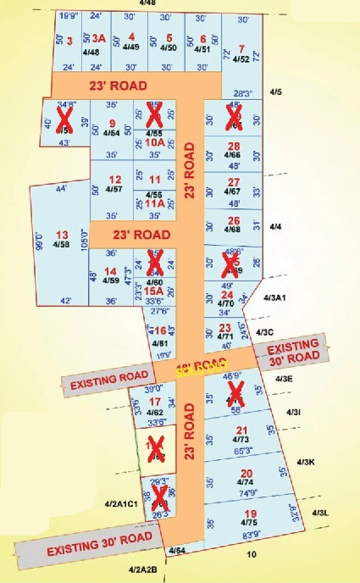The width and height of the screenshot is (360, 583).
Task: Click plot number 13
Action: [61, 235]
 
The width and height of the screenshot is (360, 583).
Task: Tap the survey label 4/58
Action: [60, 245]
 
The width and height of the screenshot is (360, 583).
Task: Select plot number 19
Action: [250, 514]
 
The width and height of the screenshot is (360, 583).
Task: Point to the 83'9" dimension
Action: [250, 535]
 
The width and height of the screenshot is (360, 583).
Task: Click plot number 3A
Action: [99, 38]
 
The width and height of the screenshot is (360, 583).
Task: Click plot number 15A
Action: [153, 289]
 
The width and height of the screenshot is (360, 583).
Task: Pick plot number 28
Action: [235, 145]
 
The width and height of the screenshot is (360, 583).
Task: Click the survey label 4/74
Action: [246, 482]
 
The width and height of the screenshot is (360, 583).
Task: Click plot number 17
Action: [154, 402]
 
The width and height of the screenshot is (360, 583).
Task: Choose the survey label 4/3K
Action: [305, 462]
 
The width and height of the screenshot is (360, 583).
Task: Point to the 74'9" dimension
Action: [246, 492]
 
